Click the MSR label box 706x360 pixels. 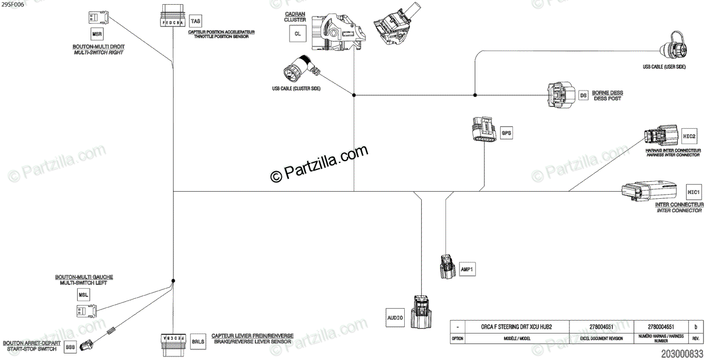tap(98, 34)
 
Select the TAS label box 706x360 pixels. tap(196, 21)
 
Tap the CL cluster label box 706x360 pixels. tap(298, 34)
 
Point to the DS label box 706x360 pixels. tap(584, 95)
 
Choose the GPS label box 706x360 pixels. tap(507, 134)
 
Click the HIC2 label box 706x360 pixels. tap(690, 136)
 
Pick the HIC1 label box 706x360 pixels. tap(693, 192)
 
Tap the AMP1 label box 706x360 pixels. tap(467, 270)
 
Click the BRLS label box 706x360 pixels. tap(198, 341)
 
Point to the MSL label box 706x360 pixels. tap(83, 294)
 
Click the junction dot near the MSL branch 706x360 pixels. tap(173, 281)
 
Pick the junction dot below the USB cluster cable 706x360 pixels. tap(354, 95)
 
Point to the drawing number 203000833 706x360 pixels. tap(682, 354)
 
